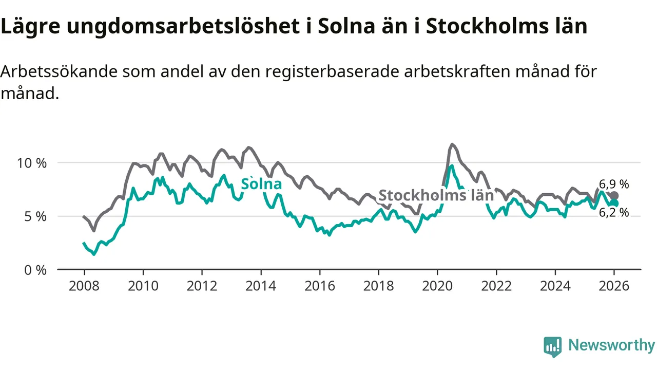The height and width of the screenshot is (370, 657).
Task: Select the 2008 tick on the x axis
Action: (x=84, y=286)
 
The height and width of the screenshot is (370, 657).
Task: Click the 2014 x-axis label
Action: (x=261, y=286)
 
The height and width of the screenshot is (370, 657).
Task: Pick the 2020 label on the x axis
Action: (x=437, y=286)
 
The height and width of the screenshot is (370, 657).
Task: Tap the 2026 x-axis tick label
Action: (x=614, y=286)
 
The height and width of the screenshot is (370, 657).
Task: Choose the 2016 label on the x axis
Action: (x=320, y=286)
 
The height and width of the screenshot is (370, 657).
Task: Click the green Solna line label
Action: (x=261, y=184)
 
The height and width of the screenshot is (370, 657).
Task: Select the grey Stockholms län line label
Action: (x=436, y=196)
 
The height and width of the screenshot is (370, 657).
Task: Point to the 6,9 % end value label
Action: (x=614, y=184)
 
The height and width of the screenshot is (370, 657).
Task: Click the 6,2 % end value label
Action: (x=614, y=213)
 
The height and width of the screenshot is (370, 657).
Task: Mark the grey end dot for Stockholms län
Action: (x=614, y=196)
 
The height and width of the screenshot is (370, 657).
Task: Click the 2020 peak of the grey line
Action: (x=452, y=144)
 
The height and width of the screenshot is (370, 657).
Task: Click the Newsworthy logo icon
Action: (x=553, y=347)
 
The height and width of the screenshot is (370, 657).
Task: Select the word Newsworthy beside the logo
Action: (x=611, y=345)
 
